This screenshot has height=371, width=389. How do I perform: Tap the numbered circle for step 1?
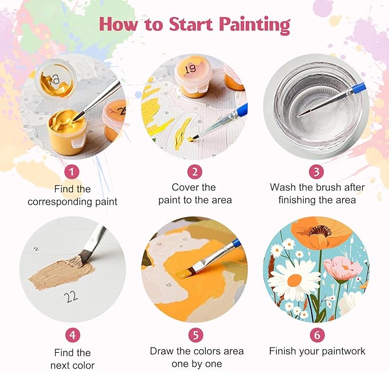72,171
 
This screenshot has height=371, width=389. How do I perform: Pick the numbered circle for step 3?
316,171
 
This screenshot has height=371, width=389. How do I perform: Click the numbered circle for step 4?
72,335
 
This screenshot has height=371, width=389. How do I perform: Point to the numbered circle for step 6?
316,335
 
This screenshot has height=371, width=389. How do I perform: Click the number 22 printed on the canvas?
71,296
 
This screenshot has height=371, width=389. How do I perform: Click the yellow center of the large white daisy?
295,280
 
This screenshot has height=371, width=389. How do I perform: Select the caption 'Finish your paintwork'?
316,351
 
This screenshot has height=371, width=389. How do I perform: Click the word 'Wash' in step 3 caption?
283,187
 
